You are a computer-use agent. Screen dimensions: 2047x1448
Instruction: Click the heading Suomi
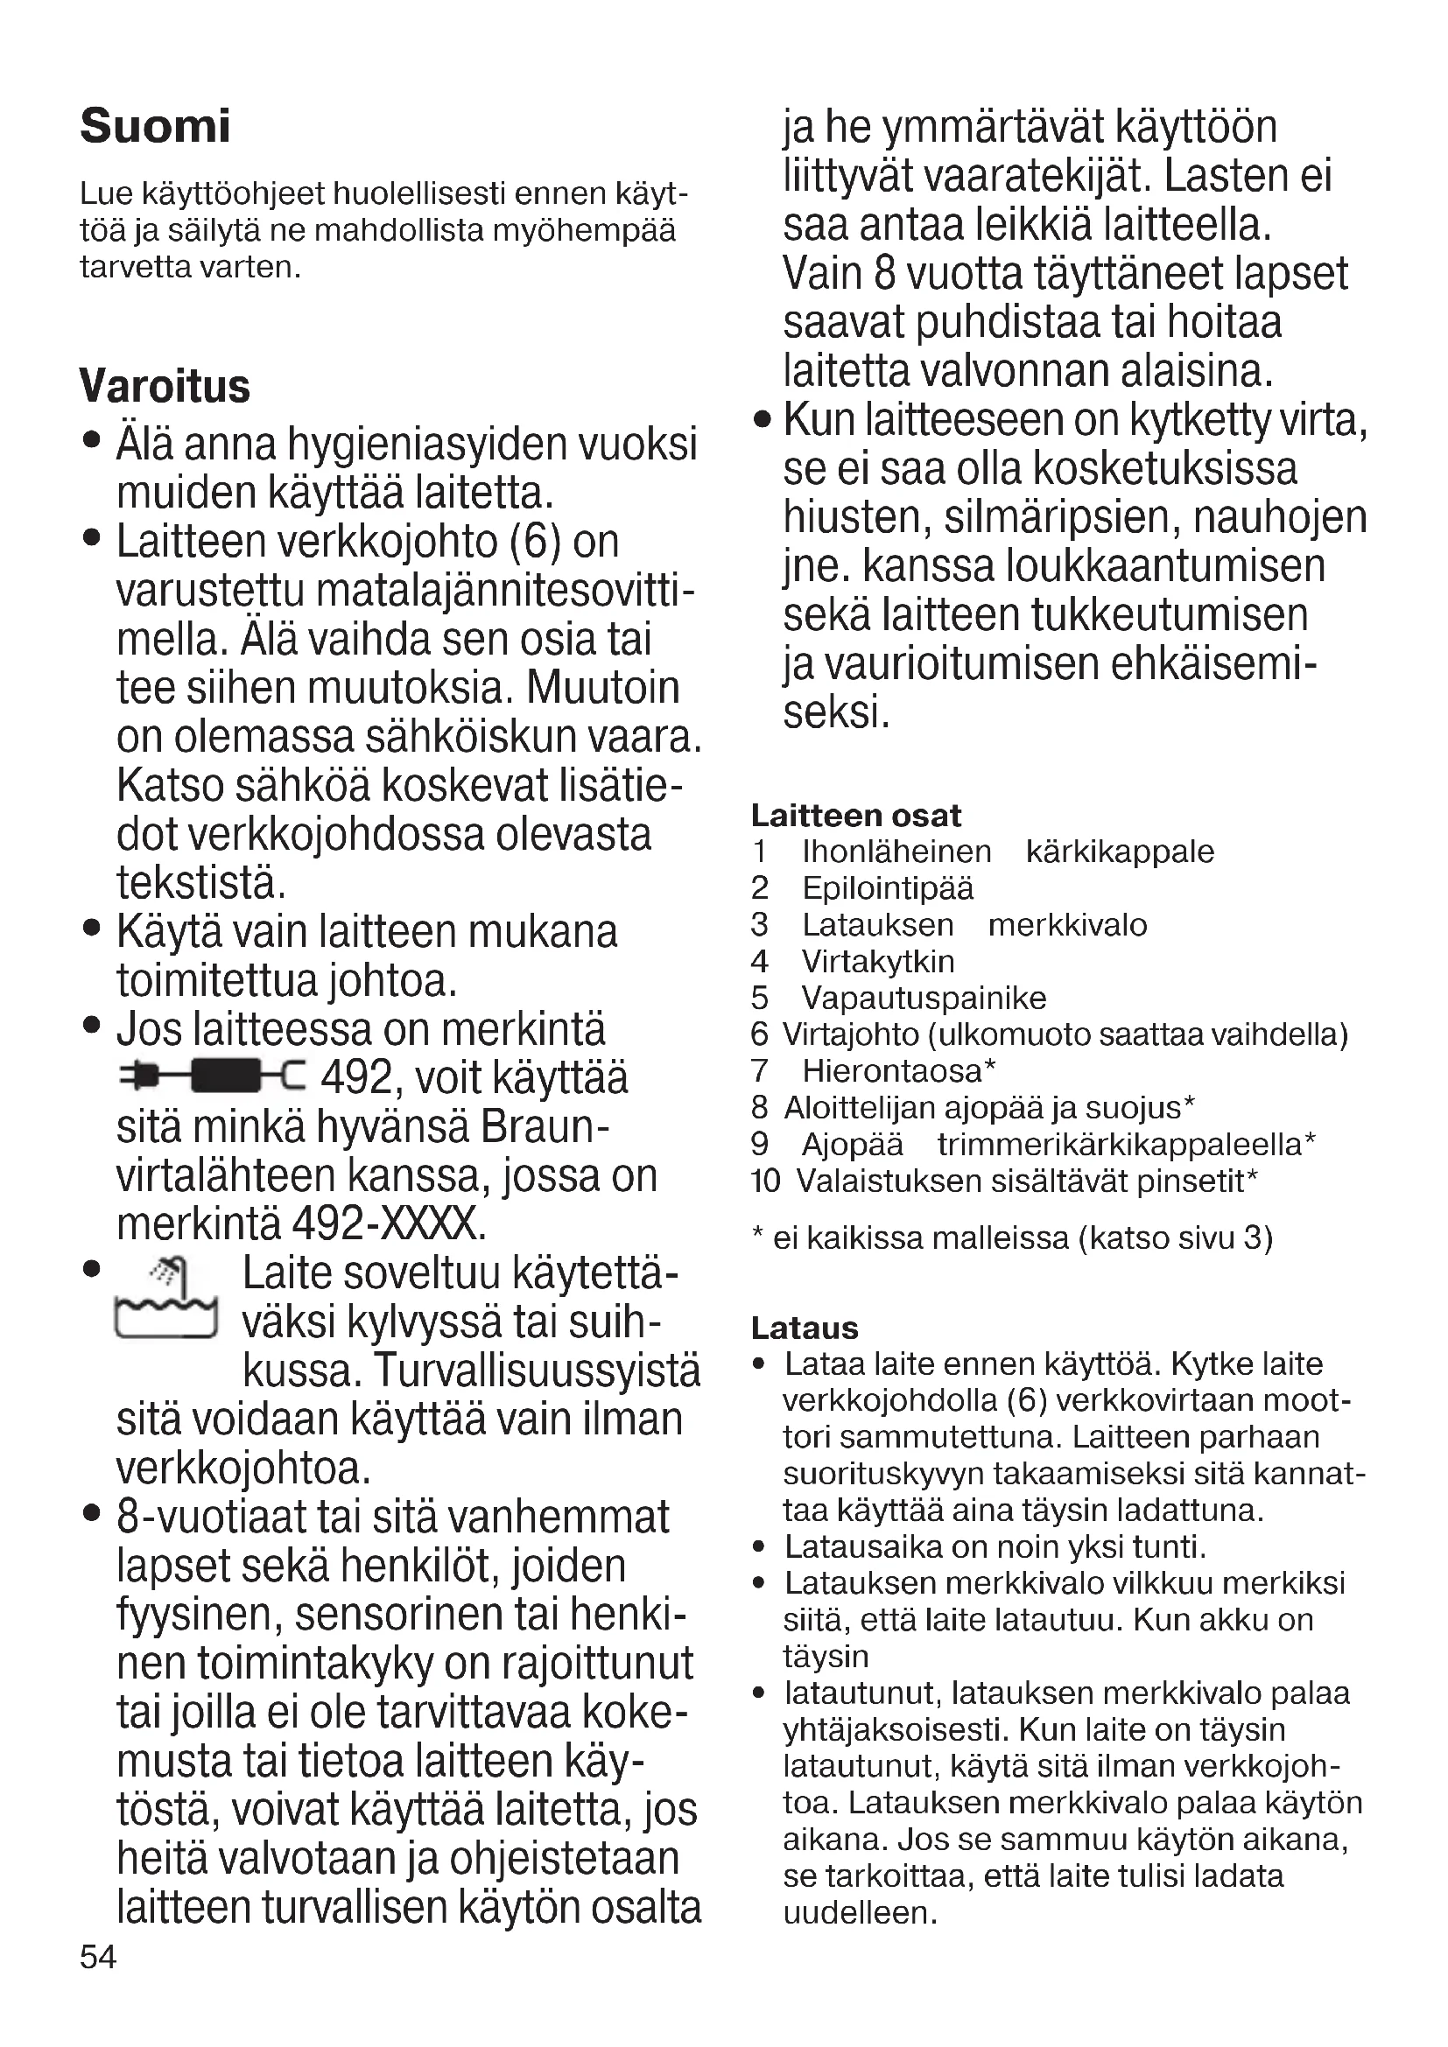155,126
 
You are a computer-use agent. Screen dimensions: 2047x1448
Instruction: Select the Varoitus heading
165,386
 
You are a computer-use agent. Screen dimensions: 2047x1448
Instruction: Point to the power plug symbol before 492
211,1076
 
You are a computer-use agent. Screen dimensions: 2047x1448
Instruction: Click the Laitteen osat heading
856,815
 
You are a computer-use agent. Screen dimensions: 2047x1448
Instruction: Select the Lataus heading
805,1328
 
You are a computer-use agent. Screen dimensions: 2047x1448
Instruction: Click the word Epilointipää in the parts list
888,888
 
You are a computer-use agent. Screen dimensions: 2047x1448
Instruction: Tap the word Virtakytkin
878,961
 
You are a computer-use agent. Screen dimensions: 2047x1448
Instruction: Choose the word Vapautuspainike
924,998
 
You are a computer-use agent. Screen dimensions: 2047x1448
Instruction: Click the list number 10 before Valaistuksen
765,1181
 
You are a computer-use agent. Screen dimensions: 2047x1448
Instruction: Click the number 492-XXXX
389,1223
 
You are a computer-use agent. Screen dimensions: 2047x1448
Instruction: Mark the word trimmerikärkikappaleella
1120,1144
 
